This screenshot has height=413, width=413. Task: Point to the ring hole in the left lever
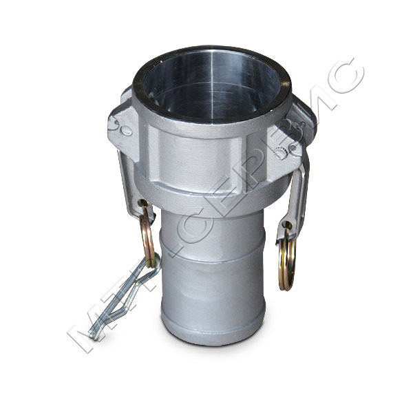point(142,204)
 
